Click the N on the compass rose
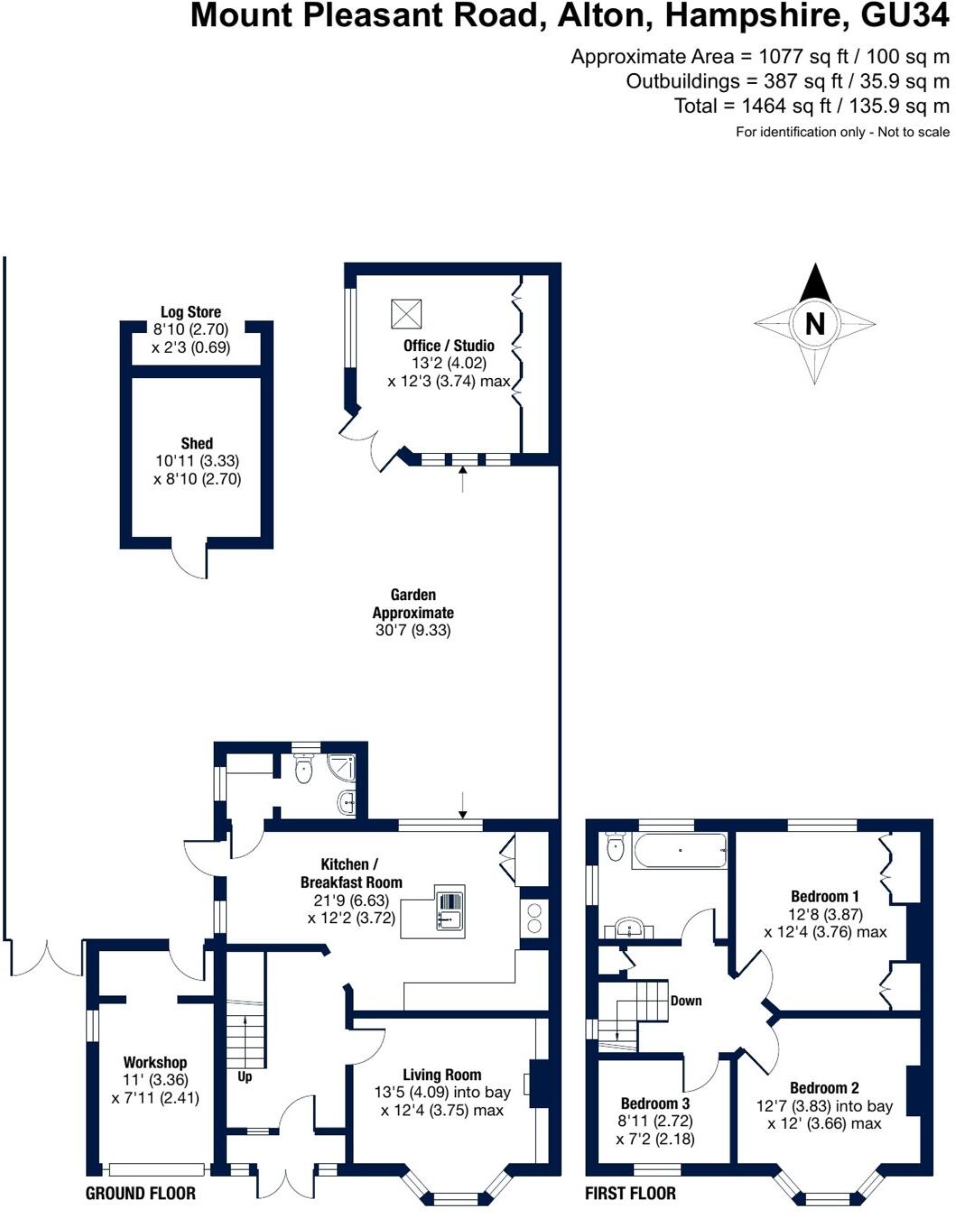[814, 323]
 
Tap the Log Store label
[190, 312]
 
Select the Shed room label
[197, 443]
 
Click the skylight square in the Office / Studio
[405, 314]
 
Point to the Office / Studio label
[449, 346]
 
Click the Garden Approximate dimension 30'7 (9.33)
[413, 631]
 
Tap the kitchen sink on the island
[449, 910]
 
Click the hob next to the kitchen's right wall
[534, 918]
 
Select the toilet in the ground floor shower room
[303, 769]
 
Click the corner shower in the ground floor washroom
[342, 768]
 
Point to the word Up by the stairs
[245, 1076]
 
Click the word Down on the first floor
[686, 1001]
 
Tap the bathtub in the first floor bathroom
[680, 850]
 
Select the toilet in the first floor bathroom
[616, 845]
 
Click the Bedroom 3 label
[654, 1103]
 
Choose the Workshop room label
[155, 1063]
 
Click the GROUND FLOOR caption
[140, 1194]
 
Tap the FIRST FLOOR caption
[630, 1194]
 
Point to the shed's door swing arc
[189, 564]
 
